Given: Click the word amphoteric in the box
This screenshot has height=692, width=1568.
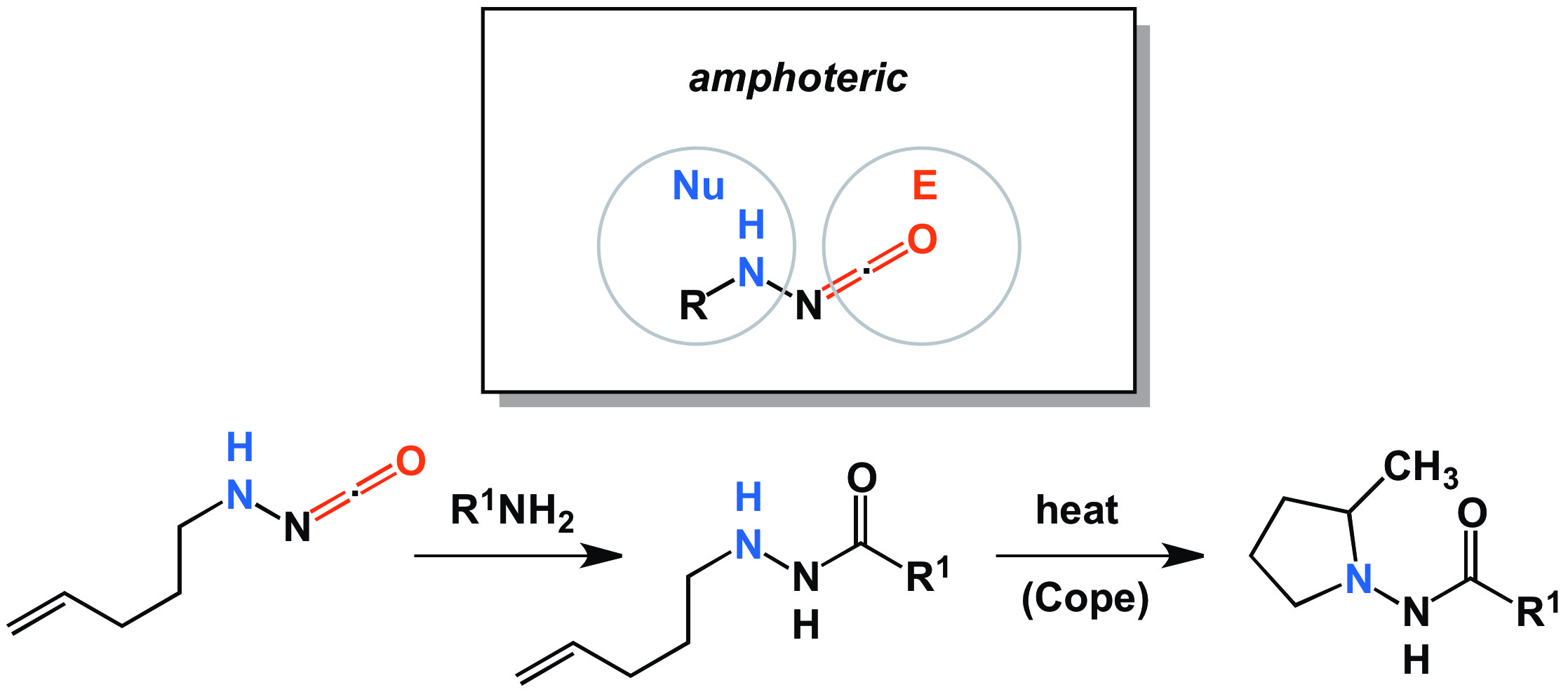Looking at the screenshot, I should pos(798,78).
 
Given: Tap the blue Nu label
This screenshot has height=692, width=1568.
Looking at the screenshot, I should pos(698,186).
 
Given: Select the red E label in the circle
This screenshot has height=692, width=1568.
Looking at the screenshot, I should pos(925,186).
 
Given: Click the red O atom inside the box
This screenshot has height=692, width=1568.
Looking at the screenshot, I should pos(922,239).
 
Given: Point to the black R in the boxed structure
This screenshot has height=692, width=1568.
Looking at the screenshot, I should pos(693,306).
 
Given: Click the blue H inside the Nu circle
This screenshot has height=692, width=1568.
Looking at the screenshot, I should pos(751,225).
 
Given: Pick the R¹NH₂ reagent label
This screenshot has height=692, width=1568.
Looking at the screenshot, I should pos(512,511).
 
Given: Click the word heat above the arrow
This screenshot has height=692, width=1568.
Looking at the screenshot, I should pos(1077,511).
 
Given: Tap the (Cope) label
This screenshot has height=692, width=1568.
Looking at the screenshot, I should pos(1085,599).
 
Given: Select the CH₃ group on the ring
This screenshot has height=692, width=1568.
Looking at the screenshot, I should pos(1420,467).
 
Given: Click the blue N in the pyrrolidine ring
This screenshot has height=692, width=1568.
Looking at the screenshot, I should pos(1359,580).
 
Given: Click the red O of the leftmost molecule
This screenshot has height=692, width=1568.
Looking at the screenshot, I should pos(410,462).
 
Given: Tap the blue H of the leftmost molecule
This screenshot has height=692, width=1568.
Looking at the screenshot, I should pos(240,447).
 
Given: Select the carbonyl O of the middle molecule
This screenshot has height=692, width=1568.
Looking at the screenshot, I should pos(862,479).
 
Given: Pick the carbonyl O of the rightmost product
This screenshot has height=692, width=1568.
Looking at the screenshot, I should pos(1472,513).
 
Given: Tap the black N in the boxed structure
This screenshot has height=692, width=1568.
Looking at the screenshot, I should pos(808,306).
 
